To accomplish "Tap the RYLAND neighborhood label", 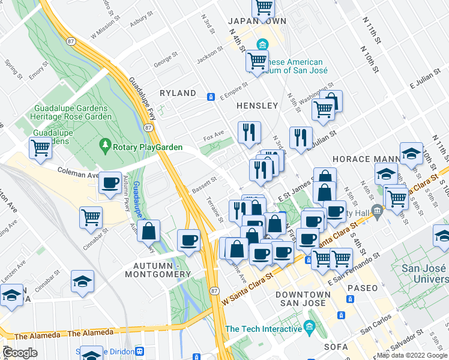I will tap(178, 93).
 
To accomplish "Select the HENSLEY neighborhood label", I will tap(257, 106).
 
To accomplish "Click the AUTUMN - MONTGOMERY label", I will tap(157, 270).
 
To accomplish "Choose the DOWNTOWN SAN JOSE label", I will tap(303, 299).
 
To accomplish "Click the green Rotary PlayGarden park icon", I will tap(106, 145).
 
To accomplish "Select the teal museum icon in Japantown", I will tap(262, 44).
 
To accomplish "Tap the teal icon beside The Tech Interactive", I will tap(310, 327).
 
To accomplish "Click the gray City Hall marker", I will tap(376, 209).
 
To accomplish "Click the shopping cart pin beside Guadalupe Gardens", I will tap(40, 147).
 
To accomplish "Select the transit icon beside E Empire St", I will tap(211, 97).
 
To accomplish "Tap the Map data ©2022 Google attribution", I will tap(411, 355).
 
